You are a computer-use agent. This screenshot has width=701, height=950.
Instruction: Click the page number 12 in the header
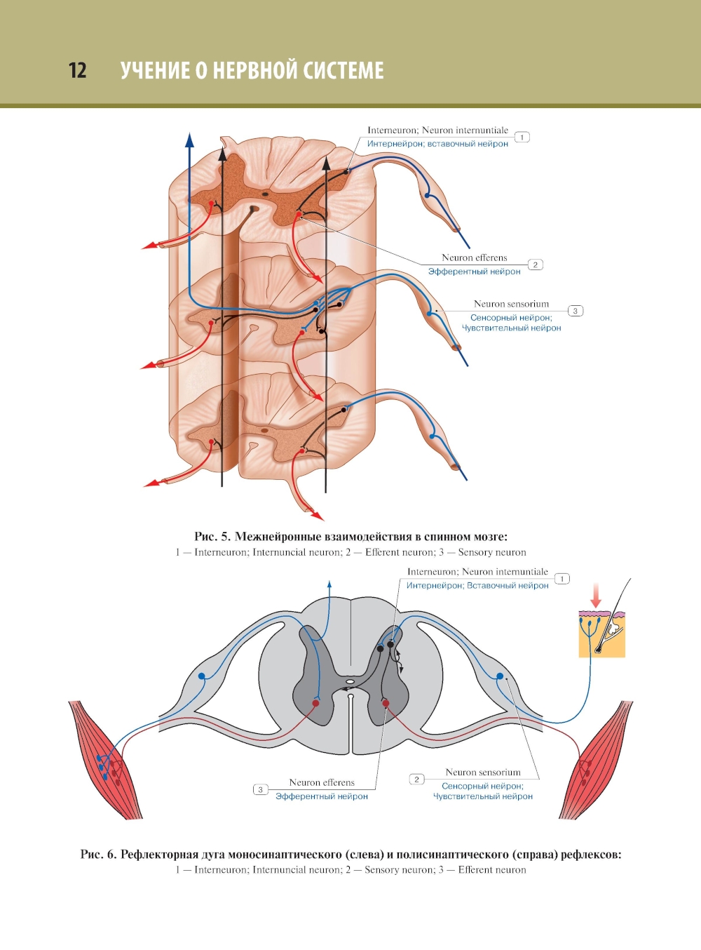[78, 70]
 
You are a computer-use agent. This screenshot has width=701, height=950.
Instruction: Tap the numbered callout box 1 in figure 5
[522, 138]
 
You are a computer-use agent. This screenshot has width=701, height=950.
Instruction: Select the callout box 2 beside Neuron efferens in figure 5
[535, 265]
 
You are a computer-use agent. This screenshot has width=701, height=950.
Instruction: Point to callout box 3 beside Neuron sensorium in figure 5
[575, 311]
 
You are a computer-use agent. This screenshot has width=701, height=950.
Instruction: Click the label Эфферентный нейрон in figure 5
[474, 272]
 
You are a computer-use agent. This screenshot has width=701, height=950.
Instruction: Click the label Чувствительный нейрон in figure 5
[511, 328]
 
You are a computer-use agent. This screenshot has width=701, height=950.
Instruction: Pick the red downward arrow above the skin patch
[596, 596]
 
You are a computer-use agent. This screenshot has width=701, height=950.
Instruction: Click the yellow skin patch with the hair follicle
[601, 634]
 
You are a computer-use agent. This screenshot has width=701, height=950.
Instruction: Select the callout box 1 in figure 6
[562, 579]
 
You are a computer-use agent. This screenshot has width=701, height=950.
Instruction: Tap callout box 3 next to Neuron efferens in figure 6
[260, 790]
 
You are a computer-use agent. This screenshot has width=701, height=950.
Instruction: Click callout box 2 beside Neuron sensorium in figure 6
[416, 780]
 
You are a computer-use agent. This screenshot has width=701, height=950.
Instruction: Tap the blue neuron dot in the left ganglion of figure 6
[202, 676]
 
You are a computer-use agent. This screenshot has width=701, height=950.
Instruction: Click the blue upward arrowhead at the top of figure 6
[329, 584]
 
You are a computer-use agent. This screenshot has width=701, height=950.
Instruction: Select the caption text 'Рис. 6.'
[98, 855]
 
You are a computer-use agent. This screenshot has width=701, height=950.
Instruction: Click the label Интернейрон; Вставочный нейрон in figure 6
[477, 585]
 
